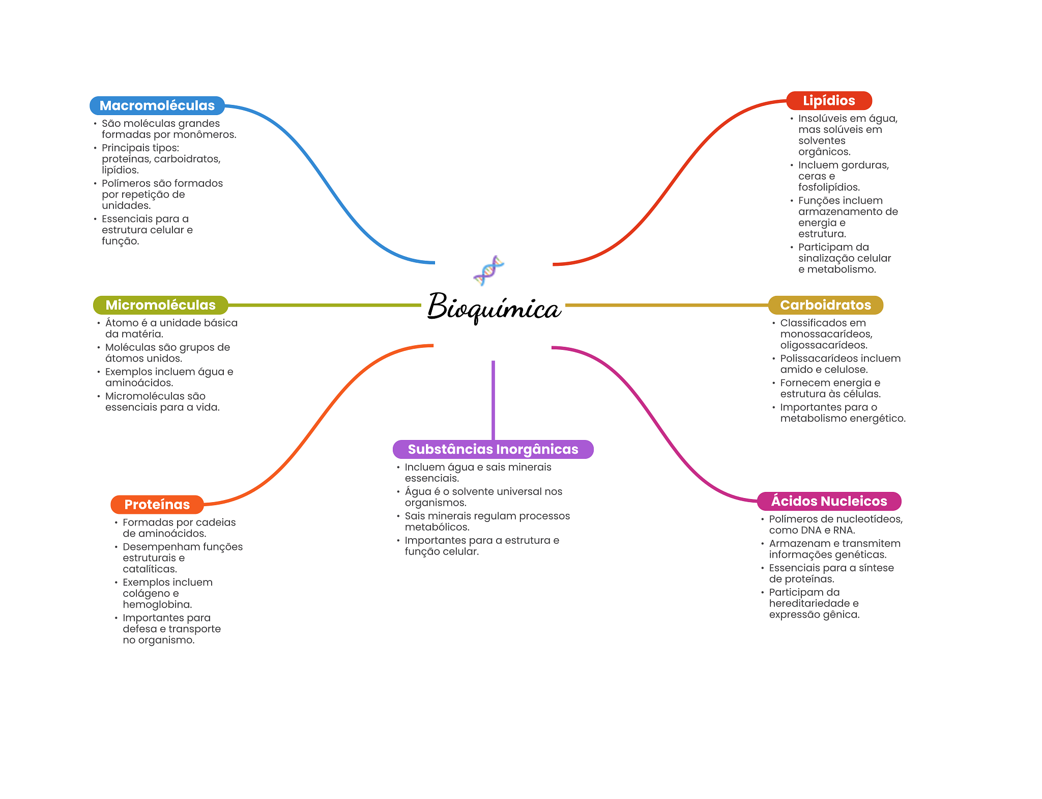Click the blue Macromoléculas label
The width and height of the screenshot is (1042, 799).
tap(157, 105)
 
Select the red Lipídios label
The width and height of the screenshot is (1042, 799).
tap(829, 101)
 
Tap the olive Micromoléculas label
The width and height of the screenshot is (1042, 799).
tap(160, 305)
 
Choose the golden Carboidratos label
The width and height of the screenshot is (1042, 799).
tap(825, 305)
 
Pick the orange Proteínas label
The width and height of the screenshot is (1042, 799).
tap(157, 505)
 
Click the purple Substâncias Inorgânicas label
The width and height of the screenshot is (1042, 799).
tap(493, 449)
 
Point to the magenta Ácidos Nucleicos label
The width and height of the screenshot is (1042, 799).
tap(829, 501)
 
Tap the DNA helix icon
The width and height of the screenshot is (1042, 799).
tap(488, 270)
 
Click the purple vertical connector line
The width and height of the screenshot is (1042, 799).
tap(493, 400)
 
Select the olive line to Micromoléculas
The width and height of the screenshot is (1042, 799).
tap(325, 305)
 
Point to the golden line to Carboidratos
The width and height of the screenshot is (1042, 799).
tap(667, 305)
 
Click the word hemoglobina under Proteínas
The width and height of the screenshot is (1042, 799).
tap(157, 604)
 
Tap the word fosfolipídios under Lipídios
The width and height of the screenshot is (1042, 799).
tap(829, 187)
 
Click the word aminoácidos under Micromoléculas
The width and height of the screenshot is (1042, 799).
tap(139, 383)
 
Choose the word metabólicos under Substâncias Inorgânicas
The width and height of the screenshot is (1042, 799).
tap(437, 527)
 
